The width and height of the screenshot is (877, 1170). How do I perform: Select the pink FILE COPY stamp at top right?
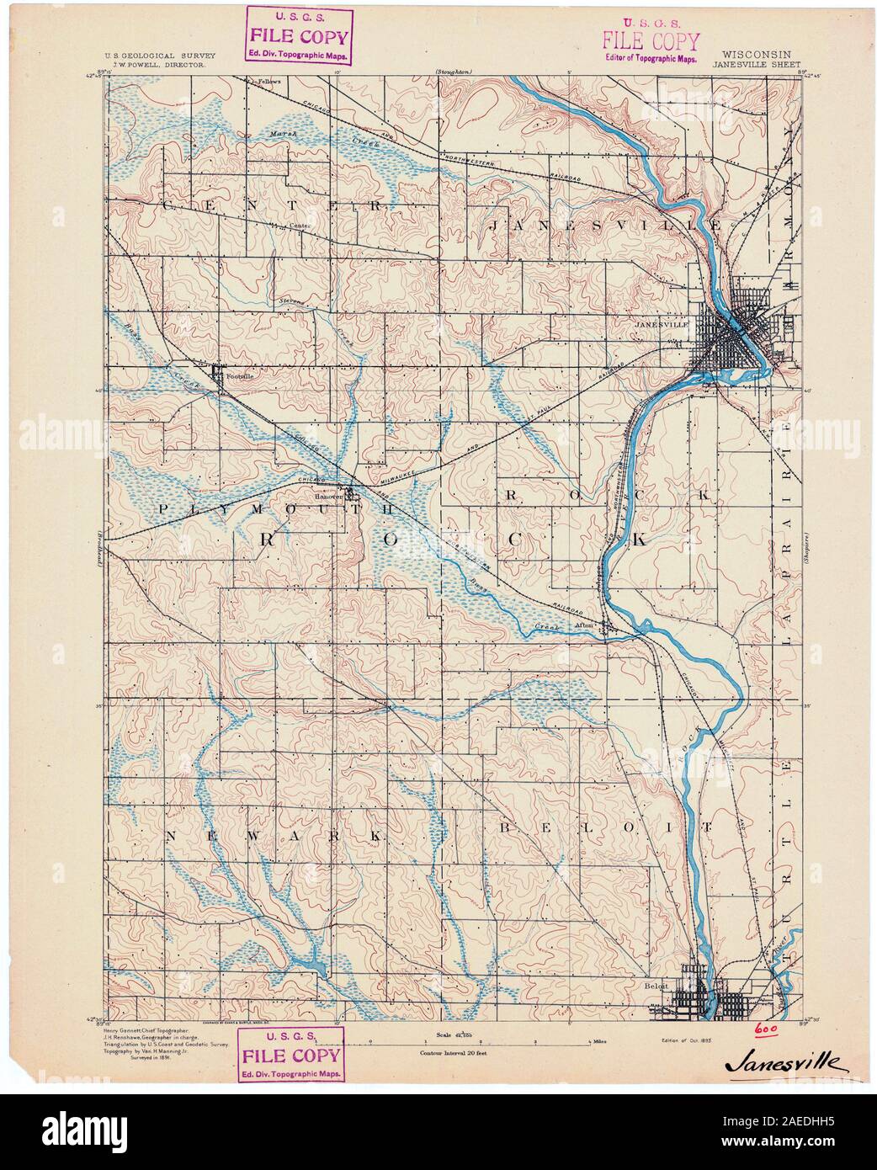click(651, 43)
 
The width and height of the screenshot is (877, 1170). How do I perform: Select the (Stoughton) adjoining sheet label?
click(454, 72)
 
